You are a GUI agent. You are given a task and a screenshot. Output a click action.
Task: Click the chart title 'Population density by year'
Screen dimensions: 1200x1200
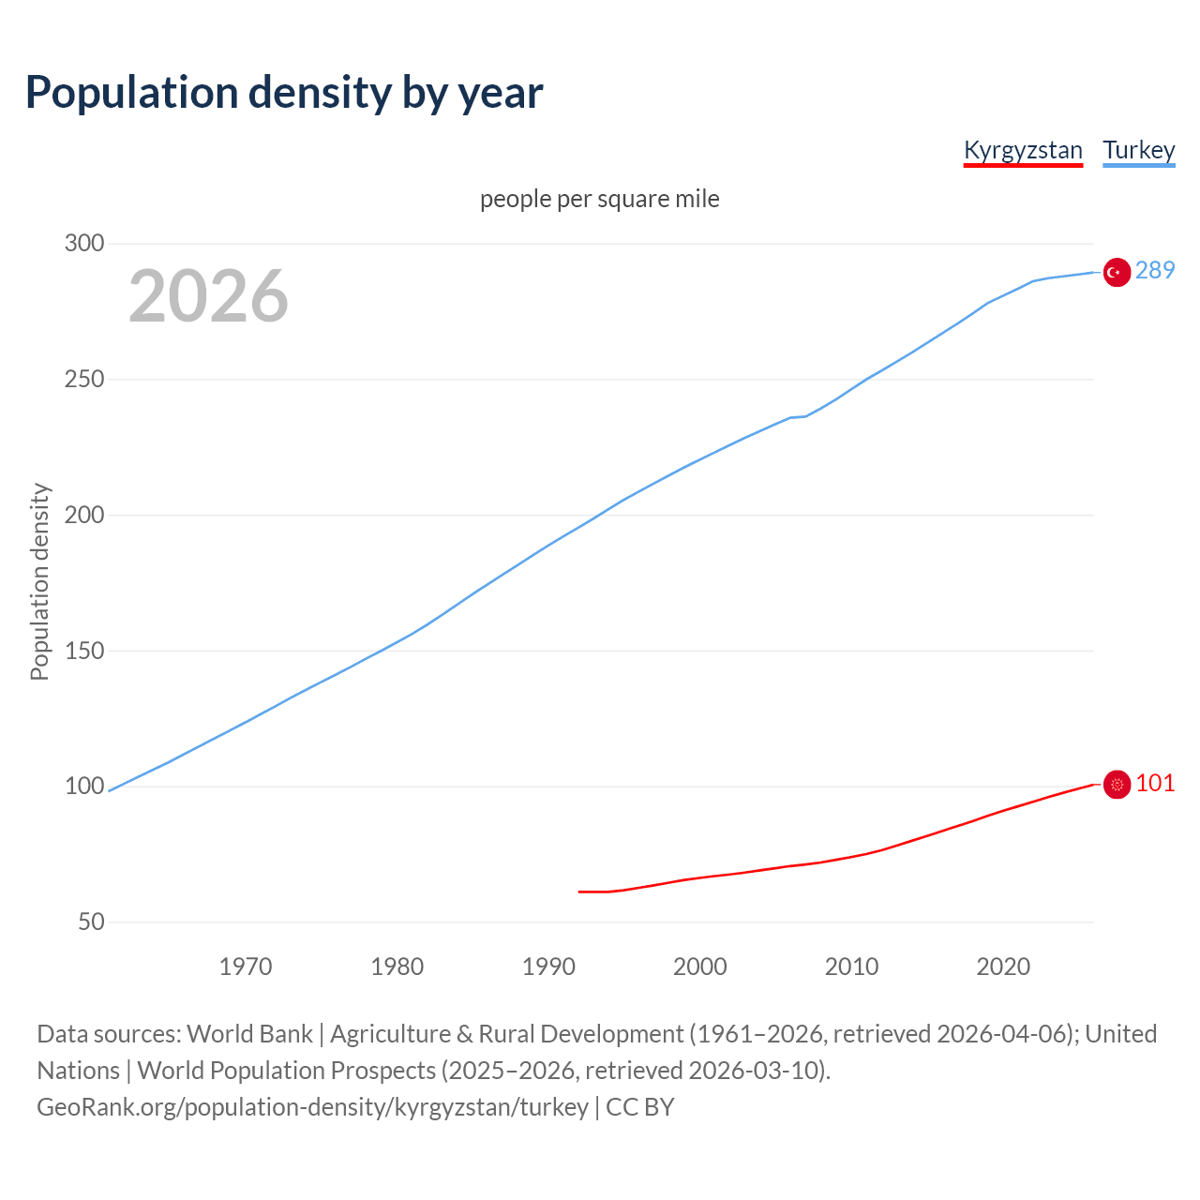(284, 93)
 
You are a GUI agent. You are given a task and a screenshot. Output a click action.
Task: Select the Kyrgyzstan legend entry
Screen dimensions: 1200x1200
(1023, 150)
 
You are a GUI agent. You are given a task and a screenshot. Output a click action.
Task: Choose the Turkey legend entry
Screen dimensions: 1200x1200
(1138, 150)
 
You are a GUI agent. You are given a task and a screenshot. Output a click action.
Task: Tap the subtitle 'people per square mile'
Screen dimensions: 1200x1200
(600, 200)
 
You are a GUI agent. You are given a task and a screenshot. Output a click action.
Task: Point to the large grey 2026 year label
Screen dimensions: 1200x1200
(208, 296)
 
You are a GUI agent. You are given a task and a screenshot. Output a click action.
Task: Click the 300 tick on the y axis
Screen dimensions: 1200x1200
(84, 244)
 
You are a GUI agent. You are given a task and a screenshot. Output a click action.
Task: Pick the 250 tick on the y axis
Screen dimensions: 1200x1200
(84, 380)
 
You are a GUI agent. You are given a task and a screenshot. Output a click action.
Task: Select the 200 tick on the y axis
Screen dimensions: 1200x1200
(84, 516)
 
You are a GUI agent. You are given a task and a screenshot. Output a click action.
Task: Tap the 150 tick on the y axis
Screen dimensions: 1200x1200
(84, 651)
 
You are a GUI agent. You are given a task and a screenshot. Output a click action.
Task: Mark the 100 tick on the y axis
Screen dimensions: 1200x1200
(84, 787)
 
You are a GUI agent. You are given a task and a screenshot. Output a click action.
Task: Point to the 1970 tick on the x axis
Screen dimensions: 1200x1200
(246, 967)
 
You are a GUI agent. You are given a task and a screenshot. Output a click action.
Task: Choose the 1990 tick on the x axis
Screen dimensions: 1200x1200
(548, 967)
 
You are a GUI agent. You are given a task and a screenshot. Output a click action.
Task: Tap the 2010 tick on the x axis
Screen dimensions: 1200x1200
(851, 967)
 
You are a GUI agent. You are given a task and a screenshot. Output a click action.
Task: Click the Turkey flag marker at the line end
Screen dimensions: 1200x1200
(1116, 272)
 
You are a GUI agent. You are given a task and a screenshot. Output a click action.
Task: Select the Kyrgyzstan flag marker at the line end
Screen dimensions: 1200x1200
(1116, 785)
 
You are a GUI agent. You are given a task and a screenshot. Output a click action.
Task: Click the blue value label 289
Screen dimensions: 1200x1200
(1155, 271)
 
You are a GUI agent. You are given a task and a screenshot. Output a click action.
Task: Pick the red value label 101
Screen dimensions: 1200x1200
(1155, 784)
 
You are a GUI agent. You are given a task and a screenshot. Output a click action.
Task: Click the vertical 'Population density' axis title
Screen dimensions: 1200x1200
(39, 581)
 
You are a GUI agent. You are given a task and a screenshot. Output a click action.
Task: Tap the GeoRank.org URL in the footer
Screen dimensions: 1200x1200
(312, 1107)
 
